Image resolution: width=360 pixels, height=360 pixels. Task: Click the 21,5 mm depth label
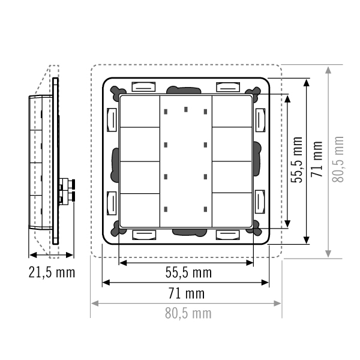coord(52,272)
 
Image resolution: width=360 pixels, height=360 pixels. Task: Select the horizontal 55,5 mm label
coord(188,272)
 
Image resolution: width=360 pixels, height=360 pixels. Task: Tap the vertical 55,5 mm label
coord(296,160)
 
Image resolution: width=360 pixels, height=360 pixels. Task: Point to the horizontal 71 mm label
coord(187,293)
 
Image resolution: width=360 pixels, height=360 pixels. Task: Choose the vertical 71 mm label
coord(317,159)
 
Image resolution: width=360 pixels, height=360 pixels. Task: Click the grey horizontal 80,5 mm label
coord(188,313)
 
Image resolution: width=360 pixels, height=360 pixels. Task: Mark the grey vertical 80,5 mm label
coord(338,160)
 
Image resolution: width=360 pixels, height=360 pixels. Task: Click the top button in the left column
coord(140,112)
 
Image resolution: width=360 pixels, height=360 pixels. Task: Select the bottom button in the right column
coord(232,210)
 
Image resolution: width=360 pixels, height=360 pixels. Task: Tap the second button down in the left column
coord(140,144)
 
